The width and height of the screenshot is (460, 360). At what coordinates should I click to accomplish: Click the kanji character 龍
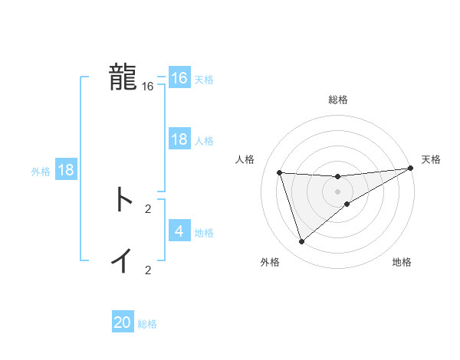pos(123,77)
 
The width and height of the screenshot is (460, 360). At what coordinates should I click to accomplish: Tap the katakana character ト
pos(123,200)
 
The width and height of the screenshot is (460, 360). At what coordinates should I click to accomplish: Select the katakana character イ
pos(123,260)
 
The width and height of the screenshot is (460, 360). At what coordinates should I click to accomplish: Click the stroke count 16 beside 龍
pos(148,87)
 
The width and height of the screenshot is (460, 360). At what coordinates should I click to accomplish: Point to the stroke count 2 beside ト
pos(148,208)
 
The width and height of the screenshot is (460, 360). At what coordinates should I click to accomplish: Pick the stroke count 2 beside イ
pos(148,270)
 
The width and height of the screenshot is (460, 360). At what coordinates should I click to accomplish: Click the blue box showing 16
pos(179,78)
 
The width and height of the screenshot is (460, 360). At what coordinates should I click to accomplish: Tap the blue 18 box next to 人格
pos(179,139)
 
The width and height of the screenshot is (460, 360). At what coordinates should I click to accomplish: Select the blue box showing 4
pos(179,231)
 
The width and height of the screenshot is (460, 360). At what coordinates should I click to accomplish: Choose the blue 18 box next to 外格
pos(66,170)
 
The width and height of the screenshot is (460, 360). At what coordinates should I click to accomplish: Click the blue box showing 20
pos(123,322)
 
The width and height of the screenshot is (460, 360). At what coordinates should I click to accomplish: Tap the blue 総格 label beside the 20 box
pos(147,324)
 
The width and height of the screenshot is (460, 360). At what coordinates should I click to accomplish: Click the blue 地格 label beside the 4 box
pos(204,232)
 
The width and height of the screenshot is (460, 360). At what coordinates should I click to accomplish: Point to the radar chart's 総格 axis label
pos(337,100)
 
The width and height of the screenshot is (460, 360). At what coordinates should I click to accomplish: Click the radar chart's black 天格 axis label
pos(431,159)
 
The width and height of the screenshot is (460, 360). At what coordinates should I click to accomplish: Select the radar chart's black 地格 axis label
pos(402,262)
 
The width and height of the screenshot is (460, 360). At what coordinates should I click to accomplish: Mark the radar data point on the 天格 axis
pos(410,168)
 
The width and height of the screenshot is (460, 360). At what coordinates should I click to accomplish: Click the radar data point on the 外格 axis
pos(302,242)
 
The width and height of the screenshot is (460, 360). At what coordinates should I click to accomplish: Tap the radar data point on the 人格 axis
pos(280,172)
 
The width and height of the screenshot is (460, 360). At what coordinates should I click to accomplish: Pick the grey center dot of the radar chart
pos(337,191)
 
